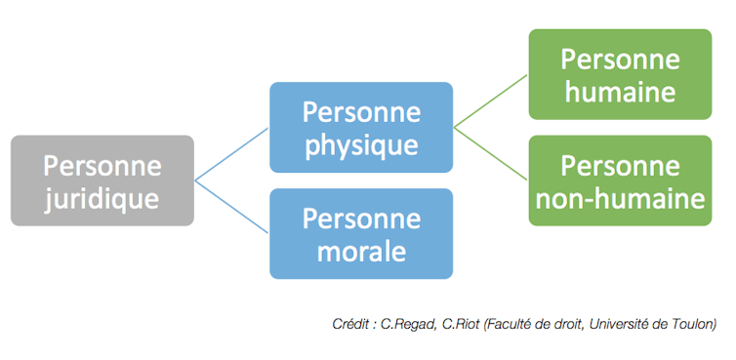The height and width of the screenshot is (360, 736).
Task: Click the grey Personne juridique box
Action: [x=102, y=180]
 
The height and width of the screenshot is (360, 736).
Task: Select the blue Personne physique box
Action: [x=361, y=128]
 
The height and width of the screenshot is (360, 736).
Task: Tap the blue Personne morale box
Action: [x=361, y=233]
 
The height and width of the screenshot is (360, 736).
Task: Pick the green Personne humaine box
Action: [x=620, y=75]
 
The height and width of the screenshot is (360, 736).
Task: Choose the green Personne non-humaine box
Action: [x=620, y=180]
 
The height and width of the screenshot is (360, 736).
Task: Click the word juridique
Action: [x=102, y=199]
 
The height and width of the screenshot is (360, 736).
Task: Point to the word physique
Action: [x=361, y=146]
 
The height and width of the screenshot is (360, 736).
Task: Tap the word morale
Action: [x=361, y=252]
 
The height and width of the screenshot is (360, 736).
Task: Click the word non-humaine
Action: [x=620, y=199]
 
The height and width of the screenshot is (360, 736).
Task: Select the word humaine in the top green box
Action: [x=620, y=93]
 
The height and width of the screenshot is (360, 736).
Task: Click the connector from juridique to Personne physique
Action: [x=232, y=154]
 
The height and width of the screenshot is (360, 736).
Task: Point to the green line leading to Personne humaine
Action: [x=491, y=101]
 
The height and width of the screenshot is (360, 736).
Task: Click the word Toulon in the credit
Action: [x=693, y=323]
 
